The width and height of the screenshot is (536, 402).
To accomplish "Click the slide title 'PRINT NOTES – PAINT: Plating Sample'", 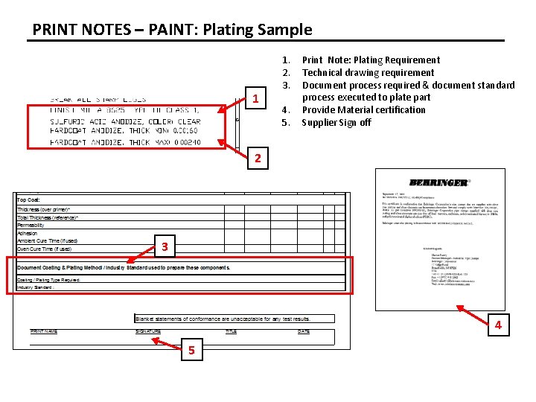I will (x=172, y=30).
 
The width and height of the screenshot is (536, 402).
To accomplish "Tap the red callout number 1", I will (x=255, y=99).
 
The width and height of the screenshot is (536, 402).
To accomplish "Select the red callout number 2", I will (x=257, y=158).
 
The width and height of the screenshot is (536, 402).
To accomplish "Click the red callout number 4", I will (x=498, y=325).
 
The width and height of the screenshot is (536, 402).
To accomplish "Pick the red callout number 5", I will (x=191, y=351).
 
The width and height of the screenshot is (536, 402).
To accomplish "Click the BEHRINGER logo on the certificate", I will (x=439, y=182).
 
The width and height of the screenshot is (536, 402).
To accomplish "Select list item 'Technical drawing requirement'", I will (x=368, y=72).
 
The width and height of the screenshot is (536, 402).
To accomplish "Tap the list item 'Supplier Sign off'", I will (x=336, y=122).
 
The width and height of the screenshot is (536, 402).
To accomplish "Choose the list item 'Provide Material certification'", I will (x=363, y=109).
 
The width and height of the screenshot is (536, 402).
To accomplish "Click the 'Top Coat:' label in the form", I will (x=29, y=200).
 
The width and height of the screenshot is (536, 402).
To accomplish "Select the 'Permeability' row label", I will (x=31, y=225).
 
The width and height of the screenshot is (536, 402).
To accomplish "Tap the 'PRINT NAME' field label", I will (x=43, y=331).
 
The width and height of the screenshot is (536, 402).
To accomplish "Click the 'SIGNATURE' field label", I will (x=147, y=331).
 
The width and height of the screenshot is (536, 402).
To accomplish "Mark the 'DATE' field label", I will (x=303, y=331).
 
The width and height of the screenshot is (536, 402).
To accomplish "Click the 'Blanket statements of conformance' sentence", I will (x=222, y=319).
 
